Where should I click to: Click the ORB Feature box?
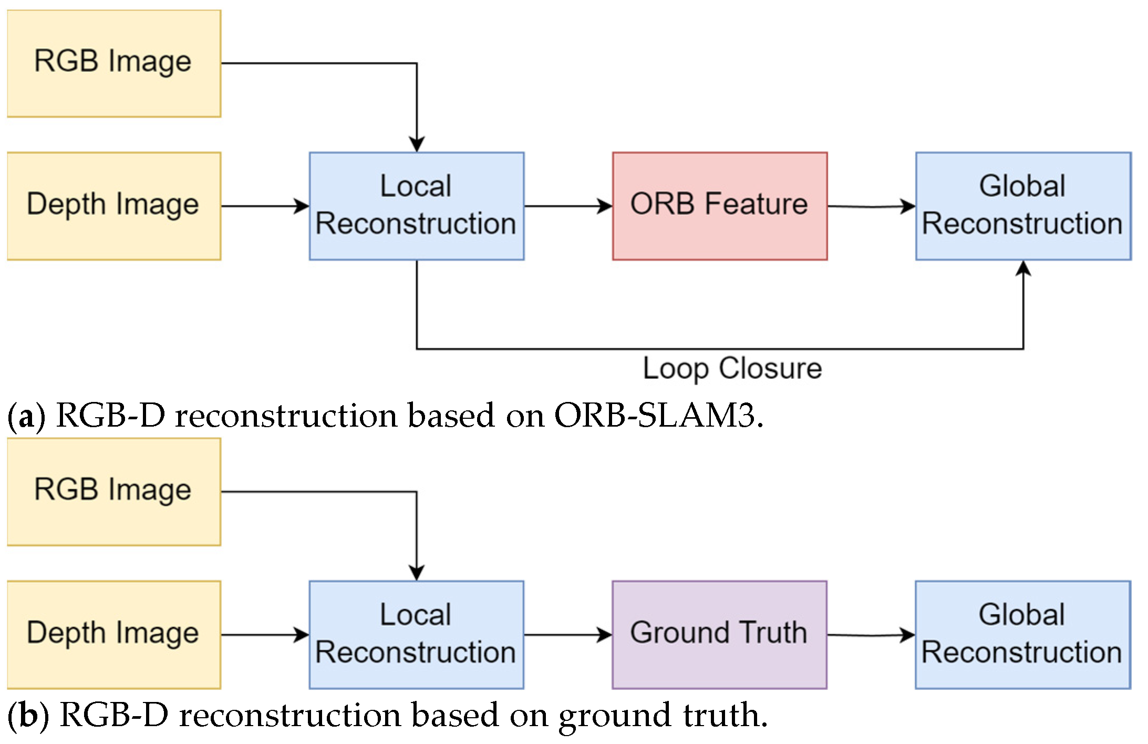[x=719, y=206]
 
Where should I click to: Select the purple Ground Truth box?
[x=719, y=634]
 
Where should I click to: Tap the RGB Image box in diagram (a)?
[x=113, y=63]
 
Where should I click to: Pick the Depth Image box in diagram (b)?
[x=113, y=634]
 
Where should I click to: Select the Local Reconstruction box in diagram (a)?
[x=416, y=206]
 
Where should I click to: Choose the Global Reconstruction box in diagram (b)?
[x=1022, y=634]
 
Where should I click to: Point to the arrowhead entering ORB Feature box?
[x=605, y=206]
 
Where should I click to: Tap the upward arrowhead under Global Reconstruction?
[x=1023, y=268]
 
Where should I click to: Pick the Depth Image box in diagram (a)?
[x=113, y=206]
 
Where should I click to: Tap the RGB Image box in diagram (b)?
[x=113, y=492]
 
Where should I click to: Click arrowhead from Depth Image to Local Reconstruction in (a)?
[x=302, y=206]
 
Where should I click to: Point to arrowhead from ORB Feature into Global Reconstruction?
[x=908, y=206]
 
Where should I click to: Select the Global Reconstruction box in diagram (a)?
[x=1023, y=206]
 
